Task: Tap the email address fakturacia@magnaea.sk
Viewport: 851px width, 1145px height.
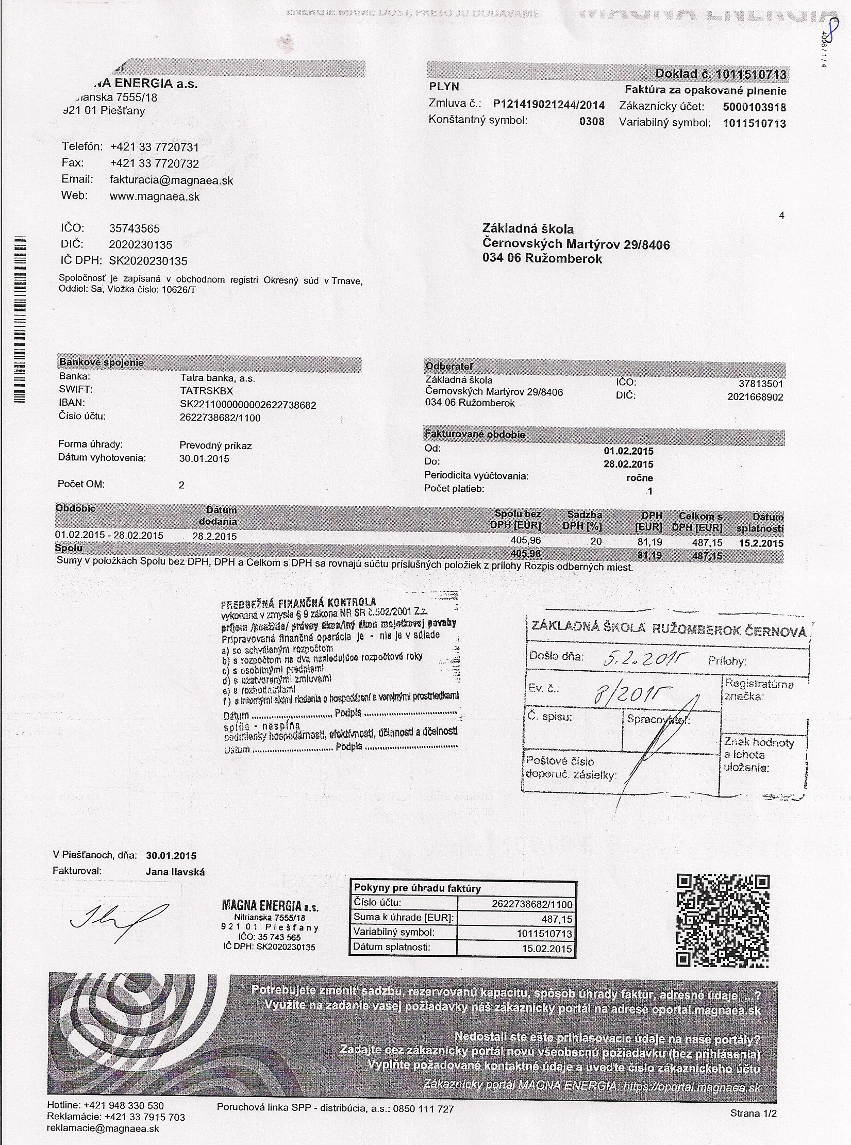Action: click(x=172, y=180)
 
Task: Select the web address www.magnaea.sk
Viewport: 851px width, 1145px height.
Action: click(x=155, y=197)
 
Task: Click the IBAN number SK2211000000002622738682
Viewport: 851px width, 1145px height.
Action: click(x=247, y=405)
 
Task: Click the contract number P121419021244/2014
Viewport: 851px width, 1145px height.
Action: click(x=548, y=105)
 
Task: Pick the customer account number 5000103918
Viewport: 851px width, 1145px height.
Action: click(x=755, y=107)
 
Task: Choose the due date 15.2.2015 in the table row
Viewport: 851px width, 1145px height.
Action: click(x=761, y=543)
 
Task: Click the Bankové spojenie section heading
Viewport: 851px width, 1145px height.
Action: click(x=102, y=362)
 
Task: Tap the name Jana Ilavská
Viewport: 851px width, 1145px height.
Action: click(x=175, y=872)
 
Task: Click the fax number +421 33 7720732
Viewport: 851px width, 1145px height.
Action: click(x=154, y=164)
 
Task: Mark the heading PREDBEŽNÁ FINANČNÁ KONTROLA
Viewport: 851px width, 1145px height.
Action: click(x=298, y=603)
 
